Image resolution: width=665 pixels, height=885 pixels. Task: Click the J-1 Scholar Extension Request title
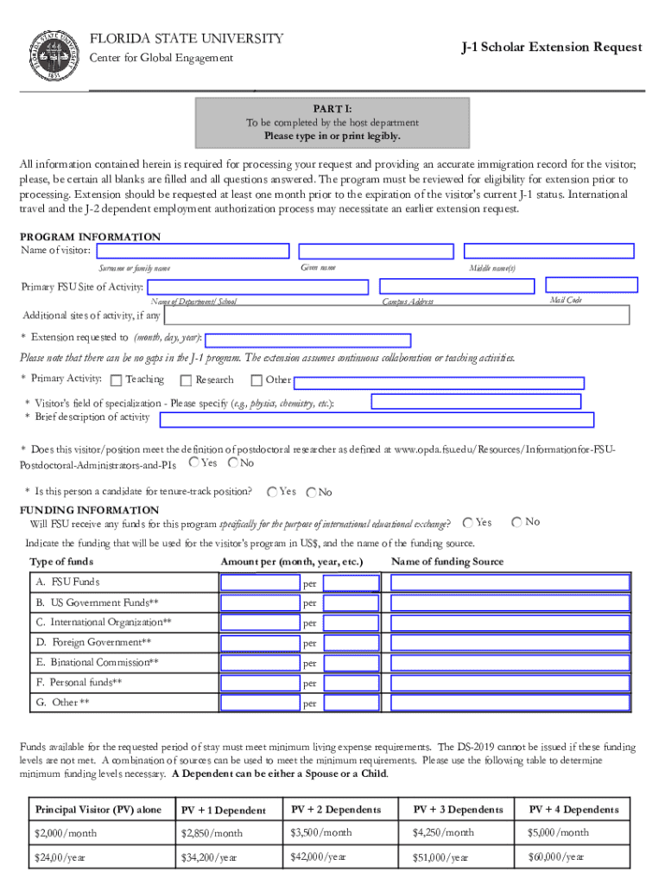pyautogui.click(x=551, y=47)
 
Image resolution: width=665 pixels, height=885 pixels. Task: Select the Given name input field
pyautogui.click(x=376, y=251)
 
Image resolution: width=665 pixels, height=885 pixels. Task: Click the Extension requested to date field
pyautogui.click(x=307, y=340)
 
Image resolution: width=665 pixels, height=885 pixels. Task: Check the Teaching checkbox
pyautogui.click(x=117, y=380)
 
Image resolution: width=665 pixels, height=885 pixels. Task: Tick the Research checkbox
pyautogui.click(x=186, y=380)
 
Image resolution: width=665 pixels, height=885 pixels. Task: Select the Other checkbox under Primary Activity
pyautogui.click(x=256, y=380)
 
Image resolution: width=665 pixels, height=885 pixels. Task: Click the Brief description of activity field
pyautogui.click(x=377, y=420)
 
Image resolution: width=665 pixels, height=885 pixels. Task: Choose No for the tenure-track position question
pyautogui.click(x=311, y=493)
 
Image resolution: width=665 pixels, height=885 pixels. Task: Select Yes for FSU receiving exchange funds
pyautogui.click(x=467, y=522)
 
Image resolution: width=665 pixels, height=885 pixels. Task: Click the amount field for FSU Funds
pyautogui.click(x=259, y=583)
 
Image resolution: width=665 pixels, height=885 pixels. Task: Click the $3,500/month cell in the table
pyautogui.click(x=321, y=832)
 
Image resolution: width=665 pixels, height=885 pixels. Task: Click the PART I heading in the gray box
pyautogui.click(x=332, y=110)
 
